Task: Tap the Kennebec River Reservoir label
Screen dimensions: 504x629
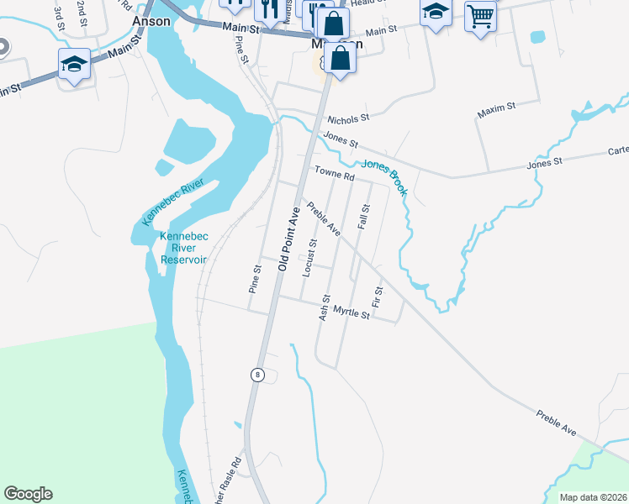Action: click(x=182, y=248)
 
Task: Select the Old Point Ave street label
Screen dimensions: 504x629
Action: click(x=288, y=239)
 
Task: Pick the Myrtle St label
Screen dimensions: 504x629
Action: click(x=351, y=313)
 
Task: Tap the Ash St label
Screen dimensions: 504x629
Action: click(x=324, y=307)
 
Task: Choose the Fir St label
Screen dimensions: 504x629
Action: click(x=378, y=297)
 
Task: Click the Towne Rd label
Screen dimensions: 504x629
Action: click(x=336, y=174)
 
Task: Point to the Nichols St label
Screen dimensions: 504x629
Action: click(x=348, y=119)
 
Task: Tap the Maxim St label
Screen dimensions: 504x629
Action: click(x=496, y=109)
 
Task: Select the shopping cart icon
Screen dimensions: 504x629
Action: click(x=480, y=14)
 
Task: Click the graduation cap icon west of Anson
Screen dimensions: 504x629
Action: click(x=74, y=64)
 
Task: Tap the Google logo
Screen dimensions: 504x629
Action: click(x=28, y=494)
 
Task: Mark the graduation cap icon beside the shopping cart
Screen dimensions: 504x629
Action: click(x=436, y=13)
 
